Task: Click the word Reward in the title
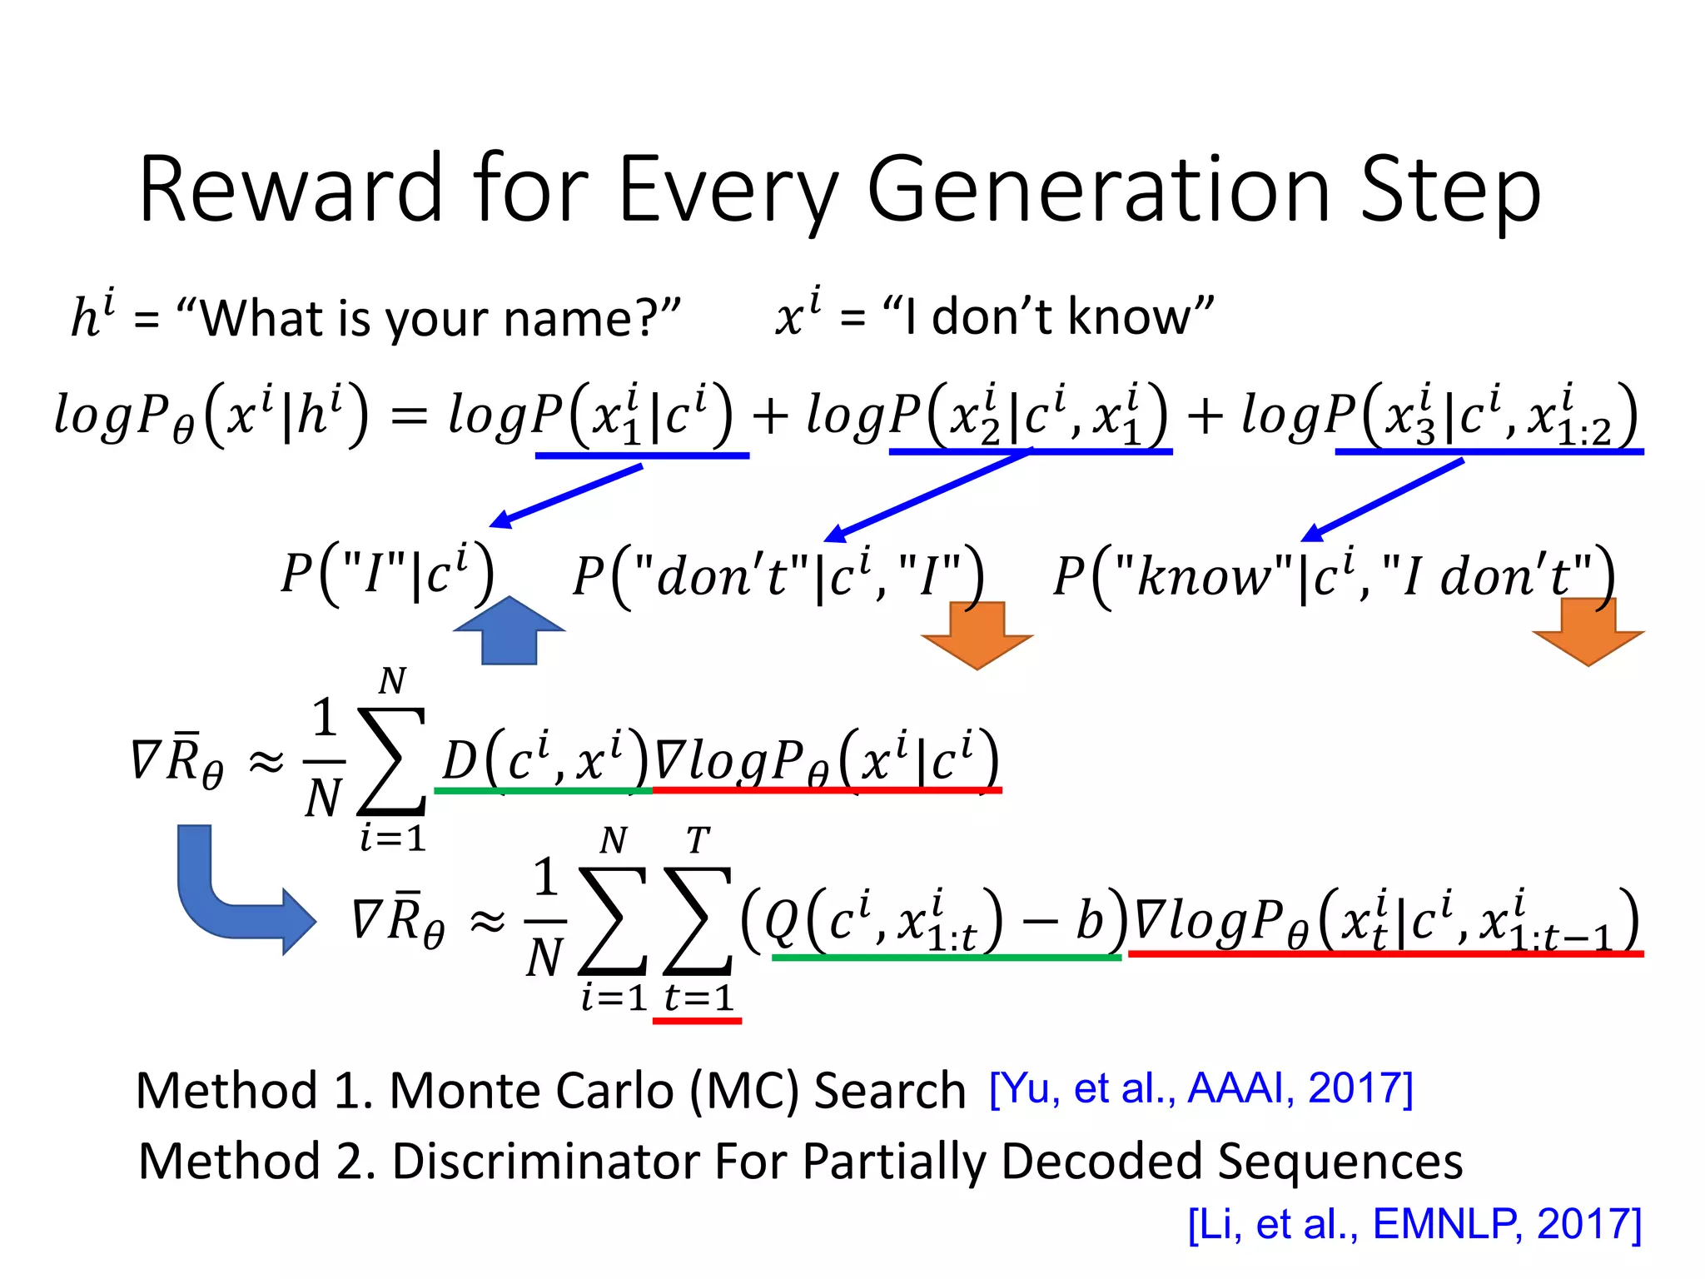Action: [291, 190]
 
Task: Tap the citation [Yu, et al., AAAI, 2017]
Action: [1200, 1087]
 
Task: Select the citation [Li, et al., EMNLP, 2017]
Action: [1414, 1224]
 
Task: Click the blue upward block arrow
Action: [509, 631]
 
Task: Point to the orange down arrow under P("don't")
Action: [977, 635]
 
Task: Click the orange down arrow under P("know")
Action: [1588, 633]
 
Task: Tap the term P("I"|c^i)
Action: [388, 575]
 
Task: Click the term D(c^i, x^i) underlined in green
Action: [544, 759]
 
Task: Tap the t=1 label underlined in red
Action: [698, 997]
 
